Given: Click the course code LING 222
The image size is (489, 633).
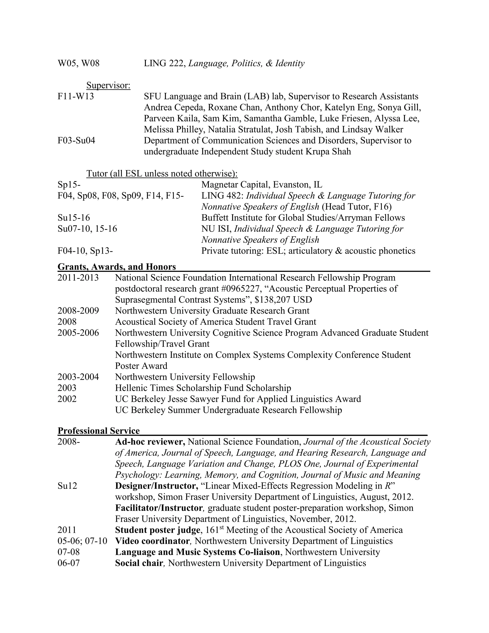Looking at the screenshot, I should [x=164, y=63].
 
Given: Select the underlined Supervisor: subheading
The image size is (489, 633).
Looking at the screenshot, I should [x=108, y=85].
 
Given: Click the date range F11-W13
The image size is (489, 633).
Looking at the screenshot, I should [x=76, y=96].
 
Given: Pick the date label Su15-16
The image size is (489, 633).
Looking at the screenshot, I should [x=74, y=218].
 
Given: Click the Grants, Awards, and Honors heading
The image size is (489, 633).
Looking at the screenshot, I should [x=117, y=267].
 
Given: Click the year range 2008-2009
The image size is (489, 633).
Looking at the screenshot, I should [x=78, y=311].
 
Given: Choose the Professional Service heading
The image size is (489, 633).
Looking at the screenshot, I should [x=99, y=431].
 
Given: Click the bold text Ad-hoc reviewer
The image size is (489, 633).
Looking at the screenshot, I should [x=150, y=442].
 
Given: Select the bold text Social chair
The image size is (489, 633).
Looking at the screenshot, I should [x=139, y=563].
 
